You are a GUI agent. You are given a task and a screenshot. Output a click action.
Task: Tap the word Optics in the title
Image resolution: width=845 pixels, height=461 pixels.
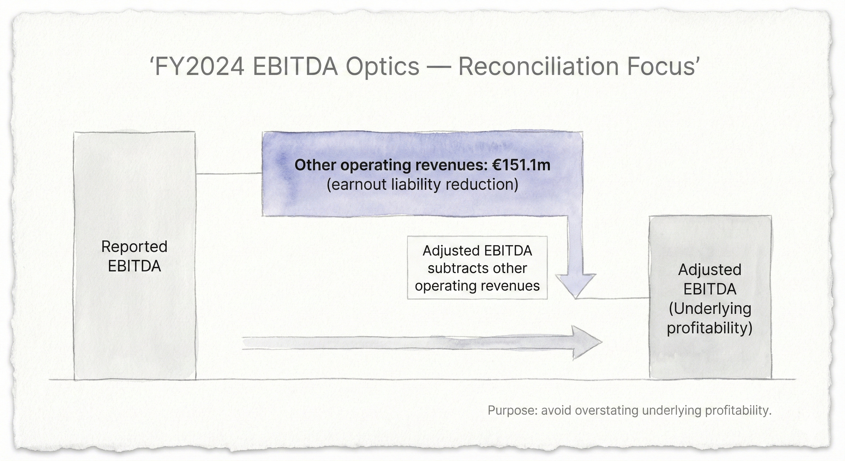tap(383, 66)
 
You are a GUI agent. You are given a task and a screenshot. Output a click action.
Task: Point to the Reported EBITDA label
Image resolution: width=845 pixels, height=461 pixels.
tap(134, 256)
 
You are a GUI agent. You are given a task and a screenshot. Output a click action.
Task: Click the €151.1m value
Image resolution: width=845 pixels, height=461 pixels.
tap(521, 165)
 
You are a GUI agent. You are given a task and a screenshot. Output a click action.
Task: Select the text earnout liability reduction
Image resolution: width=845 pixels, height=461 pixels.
tap(422, 184)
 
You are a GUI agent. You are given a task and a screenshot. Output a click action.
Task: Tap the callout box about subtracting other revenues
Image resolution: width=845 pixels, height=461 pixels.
tap(477, 268)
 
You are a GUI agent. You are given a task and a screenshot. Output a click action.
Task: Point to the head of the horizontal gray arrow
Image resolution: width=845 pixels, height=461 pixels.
tap(587, 342)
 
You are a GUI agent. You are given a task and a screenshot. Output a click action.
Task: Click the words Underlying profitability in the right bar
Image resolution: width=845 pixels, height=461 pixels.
tap(710, 318)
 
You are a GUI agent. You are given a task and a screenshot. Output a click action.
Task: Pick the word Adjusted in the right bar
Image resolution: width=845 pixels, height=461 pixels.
tap(710, 270)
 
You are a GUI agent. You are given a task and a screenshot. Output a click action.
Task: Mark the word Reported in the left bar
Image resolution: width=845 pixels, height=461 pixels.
tap(134, 246)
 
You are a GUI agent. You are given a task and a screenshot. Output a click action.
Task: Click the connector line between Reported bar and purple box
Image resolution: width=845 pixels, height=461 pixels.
tap(229, 173)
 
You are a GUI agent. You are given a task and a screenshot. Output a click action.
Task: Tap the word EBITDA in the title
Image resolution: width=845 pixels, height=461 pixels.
tap(295, 66)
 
